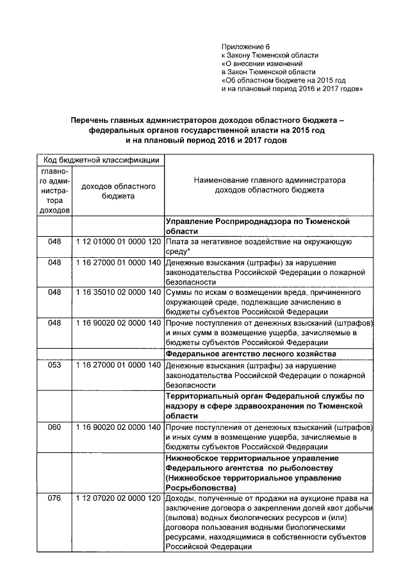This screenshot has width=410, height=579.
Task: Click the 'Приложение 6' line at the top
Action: [246, 47]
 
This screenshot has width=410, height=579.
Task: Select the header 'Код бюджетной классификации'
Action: [101, 159]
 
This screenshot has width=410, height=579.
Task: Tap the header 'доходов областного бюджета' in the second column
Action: [118, 191]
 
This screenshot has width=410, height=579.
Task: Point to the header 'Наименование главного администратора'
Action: [268, 180]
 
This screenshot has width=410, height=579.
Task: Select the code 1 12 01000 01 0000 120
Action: [118, 243]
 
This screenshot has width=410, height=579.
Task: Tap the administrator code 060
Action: [54, 427]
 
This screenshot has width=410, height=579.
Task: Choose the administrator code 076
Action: [54, 498]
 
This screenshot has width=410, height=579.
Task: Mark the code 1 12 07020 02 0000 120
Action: [118, 498]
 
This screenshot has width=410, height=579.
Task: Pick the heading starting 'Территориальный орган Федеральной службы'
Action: [265, 406]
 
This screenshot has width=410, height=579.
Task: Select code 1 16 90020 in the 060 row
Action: [118, 427]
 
